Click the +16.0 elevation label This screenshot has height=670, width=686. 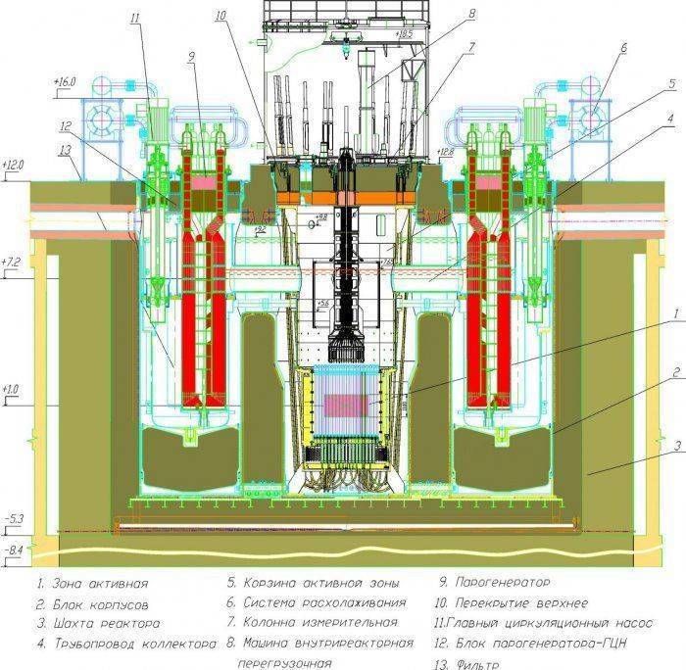point(64,83)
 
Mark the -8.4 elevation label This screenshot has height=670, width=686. point(14,549)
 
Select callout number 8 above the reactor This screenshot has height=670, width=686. point(472,14)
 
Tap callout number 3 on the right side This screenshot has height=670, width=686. point(676,446)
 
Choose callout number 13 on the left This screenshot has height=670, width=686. point(66,150)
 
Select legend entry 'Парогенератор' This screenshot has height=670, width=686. point(496,582)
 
